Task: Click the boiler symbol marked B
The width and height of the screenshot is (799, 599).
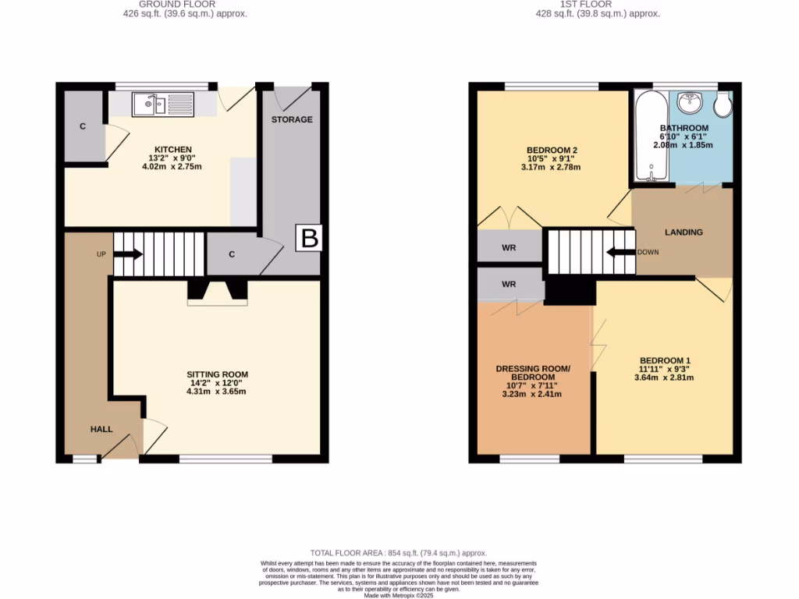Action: point(310,239)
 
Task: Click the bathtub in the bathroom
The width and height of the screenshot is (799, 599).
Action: point(649,136)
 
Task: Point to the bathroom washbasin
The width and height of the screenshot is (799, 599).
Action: point(689,102)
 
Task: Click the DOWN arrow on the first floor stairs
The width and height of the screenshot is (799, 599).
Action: point(621,252)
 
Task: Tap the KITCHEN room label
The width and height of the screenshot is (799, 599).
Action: point(172,150)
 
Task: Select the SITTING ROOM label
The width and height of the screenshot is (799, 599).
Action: point(218,374)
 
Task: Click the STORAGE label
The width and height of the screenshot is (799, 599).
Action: point(292,119)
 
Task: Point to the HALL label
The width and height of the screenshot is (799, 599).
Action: point(101,429)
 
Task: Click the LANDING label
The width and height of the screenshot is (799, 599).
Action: point(684,232)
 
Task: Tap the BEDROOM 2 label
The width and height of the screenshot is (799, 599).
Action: point(552,150)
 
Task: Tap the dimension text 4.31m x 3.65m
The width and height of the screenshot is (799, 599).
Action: point(218,392)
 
